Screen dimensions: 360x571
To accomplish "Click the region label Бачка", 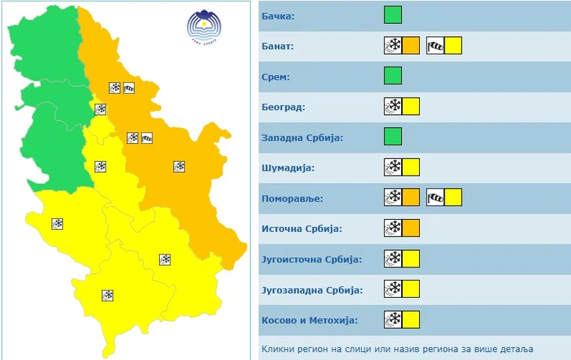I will coord(278,16).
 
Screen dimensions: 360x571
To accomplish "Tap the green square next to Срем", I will coord(392,76).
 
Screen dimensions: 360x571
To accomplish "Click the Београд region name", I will coord(283,108).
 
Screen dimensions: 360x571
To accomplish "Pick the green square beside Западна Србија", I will coord(392,137).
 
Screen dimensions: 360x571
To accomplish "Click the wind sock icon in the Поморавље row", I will coord(435,197).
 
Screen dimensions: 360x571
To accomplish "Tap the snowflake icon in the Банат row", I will coord(393,46).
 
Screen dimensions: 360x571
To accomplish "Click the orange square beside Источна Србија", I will coord(411,228).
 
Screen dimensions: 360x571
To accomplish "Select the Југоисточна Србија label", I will coord(311,260).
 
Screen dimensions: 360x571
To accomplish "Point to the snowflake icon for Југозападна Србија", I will coord(393,289).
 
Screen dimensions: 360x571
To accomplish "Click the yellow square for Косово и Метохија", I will coord(411,320).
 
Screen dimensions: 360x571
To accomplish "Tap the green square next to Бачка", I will coord(392,15).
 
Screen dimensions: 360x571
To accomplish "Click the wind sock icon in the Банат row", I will coord(435,46).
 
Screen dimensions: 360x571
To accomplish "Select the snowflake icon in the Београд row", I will coord(393,107).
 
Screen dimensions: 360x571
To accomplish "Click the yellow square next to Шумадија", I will coord(411,168).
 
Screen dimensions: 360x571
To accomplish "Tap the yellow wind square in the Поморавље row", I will coord(453,197).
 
